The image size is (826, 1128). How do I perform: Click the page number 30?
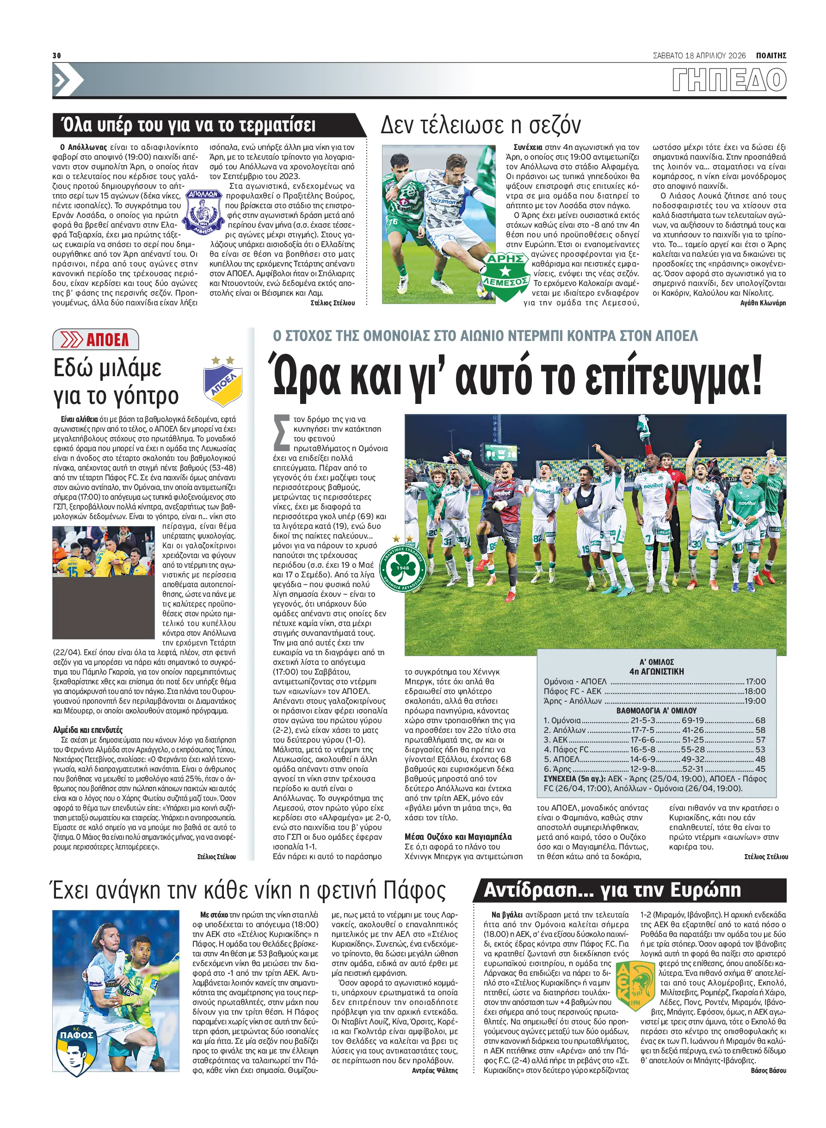(x=56, y=56)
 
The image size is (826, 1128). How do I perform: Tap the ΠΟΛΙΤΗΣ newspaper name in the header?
(x=771, y=56)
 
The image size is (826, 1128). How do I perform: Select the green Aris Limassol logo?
(x=505, y=276)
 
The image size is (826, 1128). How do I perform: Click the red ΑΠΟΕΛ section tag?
(x=95, y=340)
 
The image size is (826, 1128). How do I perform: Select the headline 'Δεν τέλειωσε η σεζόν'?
(x=481, y=125)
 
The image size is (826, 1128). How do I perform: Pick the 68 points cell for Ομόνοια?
(x=760, y=720)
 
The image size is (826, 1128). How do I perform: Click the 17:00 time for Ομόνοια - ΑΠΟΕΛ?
(x=756, y=682)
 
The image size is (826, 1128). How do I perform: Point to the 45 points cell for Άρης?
(x=760, y=769)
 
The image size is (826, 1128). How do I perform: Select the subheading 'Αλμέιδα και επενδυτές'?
(x=87, y=730)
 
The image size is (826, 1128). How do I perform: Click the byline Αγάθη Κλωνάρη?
(x=763, y=303)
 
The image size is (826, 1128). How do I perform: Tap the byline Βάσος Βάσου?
(x=768, y=1071)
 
